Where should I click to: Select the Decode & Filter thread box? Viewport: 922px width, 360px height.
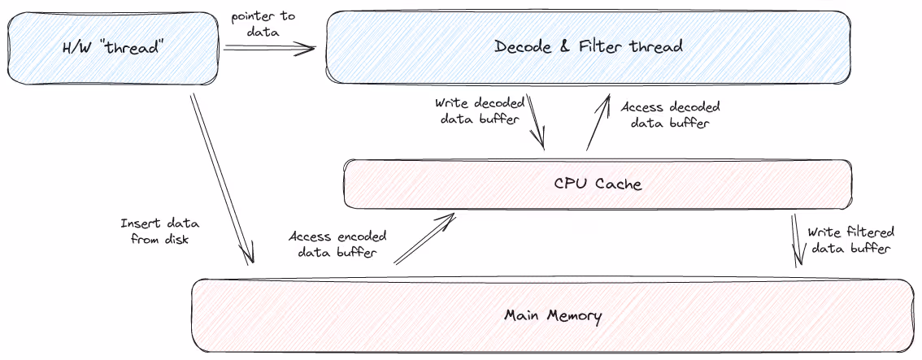(x=589, y=46)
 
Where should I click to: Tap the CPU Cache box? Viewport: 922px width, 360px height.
(x=598, y=184)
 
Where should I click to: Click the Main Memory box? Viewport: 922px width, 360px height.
(x=553, y=315)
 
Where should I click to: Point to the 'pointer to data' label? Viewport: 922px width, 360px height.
(x=263, y=25)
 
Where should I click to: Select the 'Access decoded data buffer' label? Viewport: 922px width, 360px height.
(x=669, y=115)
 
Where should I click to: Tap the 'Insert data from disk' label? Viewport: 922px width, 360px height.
(x=159, y=232)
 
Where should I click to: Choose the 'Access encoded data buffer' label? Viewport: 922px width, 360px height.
(x=337, y=245)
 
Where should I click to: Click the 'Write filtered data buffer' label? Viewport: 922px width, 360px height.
(x=850, y=240)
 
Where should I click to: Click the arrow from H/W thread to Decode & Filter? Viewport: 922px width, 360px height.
(x=269, y=49)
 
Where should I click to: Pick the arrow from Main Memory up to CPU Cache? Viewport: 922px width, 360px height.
(x=424, y=240)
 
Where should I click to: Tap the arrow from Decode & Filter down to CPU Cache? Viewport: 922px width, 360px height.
(x=537, y=121)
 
